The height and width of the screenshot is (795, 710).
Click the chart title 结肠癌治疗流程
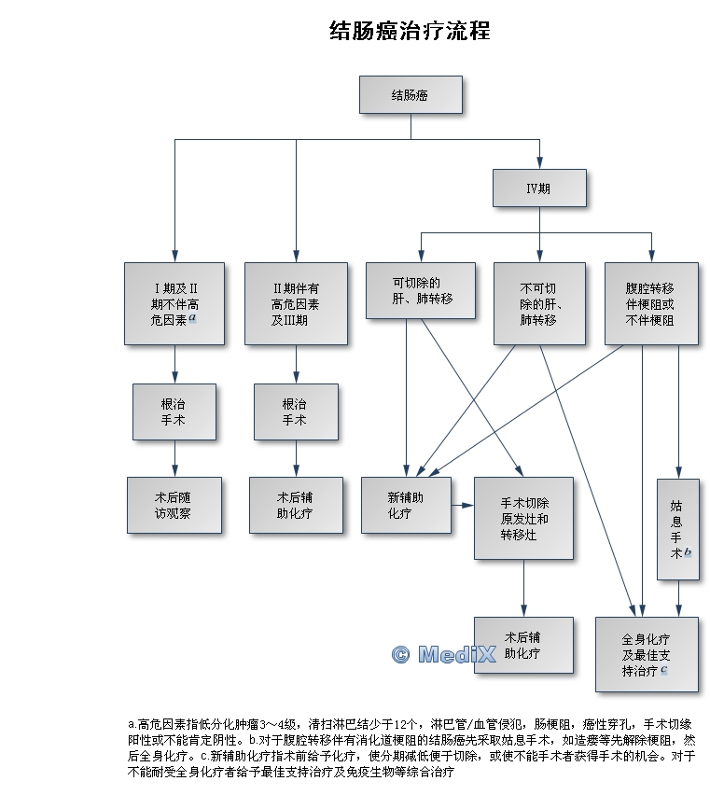click(411, 31)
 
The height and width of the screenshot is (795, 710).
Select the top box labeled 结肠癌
click(411, 94)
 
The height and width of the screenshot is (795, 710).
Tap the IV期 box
click(539, 188)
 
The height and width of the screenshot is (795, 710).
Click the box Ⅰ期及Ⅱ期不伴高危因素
click(174, 303)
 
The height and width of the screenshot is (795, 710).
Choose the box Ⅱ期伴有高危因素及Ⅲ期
click(296, 303)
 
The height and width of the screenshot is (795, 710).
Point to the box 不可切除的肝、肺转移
click(539, 303)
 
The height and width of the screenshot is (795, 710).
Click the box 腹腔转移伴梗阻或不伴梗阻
click(650, 303)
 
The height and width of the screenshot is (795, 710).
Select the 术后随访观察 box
click(174, 505)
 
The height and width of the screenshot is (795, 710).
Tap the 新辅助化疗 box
click(406, 505)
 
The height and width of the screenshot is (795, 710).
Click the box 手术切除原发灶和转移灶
click(523, 518)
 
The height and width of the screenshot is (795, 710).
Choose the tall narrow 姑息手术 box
click(677, 529)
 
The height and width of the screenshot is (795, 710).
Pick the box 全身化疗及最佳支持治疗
click(647, 654)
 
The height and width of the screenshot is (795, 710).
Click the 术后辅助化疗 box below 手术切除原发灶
click(523, 645)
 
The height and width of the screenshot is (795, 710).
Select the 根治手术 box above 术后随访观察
click(174, 411)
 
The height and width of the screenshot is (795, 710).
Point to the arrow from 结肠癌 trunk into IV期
click(539, 155)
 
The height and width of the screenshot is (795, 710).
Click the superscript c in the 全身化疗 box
click(664, 670)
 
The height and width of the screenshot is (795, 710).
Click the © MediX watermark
click(443, 655)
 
